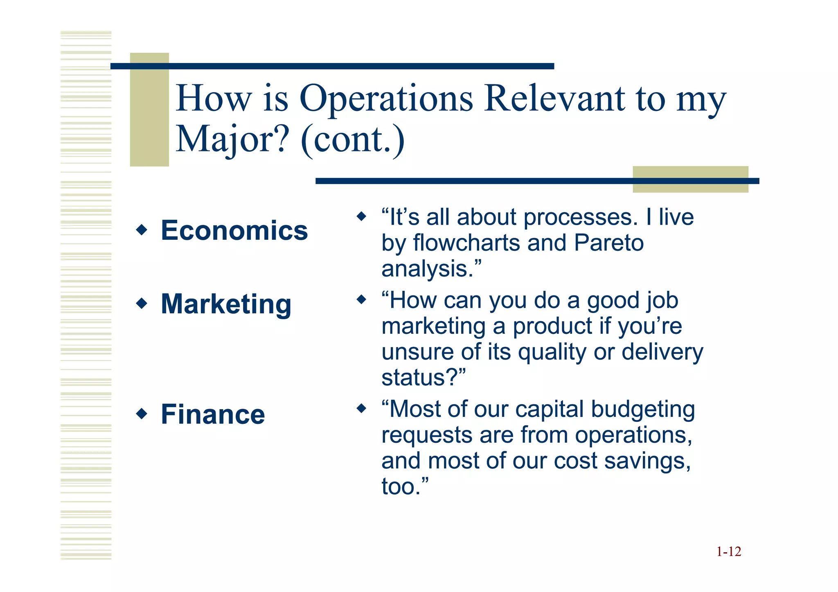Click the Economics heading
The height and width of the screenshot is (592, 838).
(234, 230)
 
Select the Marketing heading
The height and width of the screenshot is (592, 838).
(226, 304)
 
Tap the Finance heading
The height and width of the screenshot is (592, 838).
(213, 414)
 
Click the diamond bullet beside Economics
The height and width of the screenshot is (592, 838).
(142, 230)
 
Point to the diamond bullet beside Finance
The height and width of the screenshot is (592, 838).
(142, 414)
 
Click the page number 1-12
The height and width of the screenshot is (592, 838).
(728, 552)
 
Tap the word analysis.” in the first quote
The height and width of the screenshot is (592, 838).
(431, 269)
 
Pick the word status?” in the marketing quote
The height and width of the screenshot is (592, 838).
(424, 377)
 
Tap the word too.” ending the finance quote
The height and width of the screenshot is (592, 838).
(405, 486)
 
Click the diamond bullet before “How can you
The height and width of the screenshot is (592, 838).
(361, 299)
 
